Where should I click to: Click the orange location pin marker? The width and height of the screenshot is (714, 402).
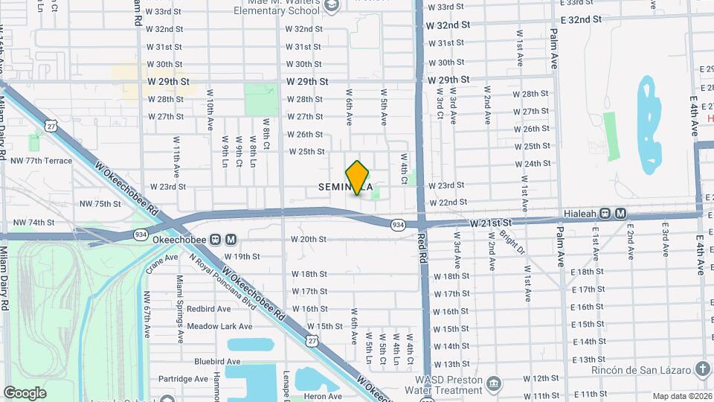(x=358, y=178)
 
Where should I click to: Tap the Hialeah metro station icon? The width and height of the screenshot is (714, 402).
(x=606, y=214)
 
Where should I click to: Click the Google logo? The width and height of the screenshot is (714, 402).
(x=25, y=392)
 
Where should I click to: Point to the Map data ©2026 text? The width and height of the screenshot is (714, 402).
(x=682, y=396)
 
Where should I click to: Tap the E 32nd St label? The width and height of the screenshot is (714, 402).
(x=577, y=19)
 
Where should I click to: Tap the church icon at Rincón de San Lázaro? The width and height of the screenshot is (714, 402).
(x=703, y=370)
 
